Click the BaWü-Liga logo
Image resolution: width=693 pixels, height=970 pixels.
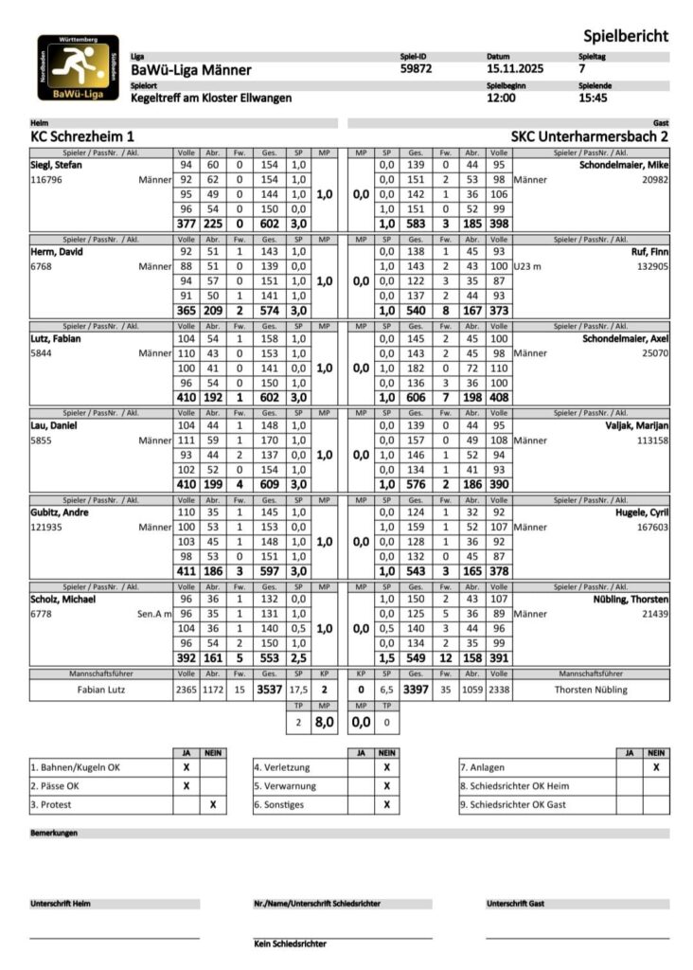pyautogui.click(x=78, y=67)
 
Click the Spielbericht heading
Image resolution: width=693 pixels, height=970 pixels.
pyautogui.click(x=625, y=36)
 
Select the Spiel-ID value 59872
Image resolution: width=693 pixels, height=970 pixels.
pyautogui.click(x=417, y=69)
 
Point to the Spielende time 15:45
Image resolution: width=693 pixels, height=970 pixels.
pyautogui.click(x=594, y=98)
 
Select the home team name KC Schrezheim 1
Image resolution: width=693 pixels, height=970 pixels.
pyautogui.click(x=82, y=136)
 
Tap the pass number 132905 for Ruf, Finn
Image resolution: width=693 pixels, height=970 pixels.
pyautogui.click(x=650, y=267)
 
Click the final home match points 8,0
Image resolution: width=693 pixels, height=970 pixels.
pyautogui.click(x=324, y=721)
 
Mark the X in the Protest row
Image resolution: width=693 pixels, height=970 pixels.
pyautogui.click(x=213, y=804)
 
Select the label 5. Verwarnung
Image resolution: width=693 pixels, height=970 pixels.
pyautogui.click(x=285, y=785)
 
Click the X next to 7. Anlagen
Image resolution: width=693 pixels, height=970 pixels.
pyautogui.click(x=655, y=767)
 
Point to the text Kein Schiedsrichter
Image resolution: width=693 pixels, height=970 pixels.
pyautogui.click(x=290, y=943)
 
